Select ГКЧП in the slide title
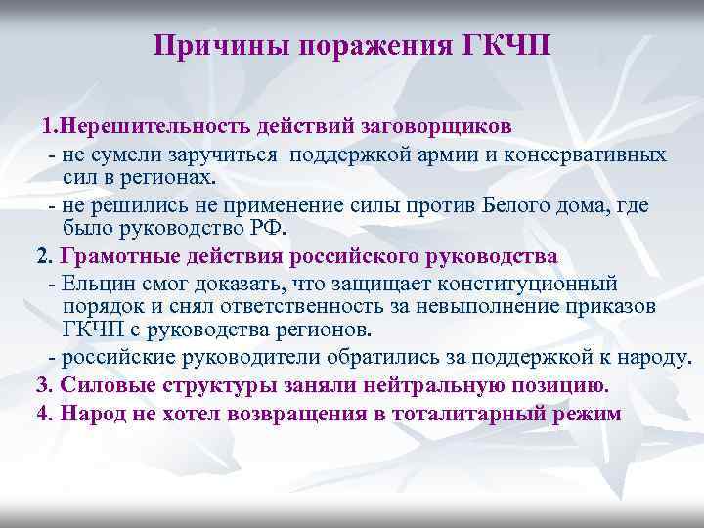tap(509, 46)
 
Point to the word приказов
tap(641, 306)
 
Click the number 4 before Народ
tap(41, 412)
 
